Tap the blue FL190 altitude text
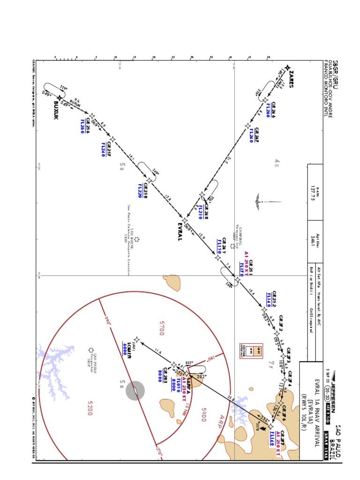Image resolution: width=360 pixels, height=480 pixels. [219, 246]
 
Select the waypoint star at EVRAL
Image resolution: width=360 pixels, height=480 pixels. [185, 220]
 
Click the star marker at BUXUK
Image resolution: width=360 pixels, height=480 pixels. [59, 98]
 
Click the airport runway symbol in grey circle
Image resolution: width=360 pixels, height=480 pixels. [135, 390]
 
